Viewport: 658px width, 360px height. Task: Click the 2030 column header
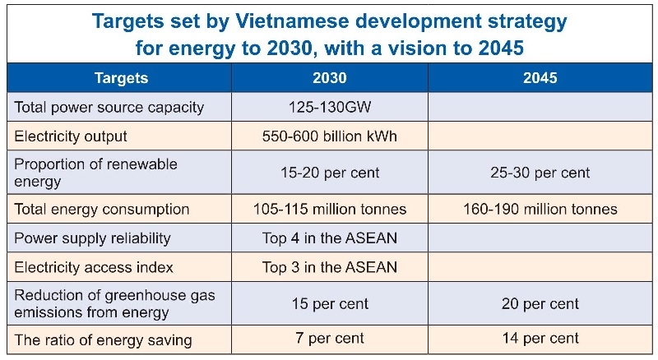[x=329, y=79]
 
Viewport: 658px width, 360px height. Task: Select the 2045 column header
[x=540, y=79]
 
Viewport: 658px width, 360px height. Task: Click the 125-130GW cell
[x=329, y=108]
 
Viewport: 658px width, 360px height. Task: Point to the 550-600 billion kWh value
[x=329, y=136]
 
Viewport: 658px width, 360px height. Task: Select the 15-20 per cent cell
[x=329, y=173]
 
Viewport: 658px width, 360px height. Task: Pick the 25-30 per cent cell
[x=540, y=173]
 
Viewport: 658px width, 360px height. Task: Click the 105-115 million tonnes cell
[x=329, y=209]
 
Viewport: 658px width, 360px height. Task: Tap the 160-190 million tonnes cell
[x=540, y=209]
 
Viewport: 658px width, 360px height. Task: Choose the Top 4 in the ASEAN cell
[x=329, y=238]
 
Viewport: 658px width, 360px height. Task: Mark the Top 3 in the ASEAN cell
[x=329, y=267]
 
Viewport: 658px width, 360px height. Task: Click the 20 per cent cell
[x=540, y=303]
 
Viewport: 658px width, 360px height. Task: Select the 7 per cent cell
[x=329, y=338]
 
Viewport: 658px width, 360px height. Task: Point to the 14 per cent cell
[x=540, y=338]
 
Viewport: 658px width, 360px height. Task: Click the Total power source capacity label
[x=109, y=108]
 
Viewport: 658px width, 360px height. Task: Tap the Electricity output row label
[x=72, y=136]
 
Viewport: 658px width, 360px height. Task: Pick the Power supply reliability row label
[x=93, y=238]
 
